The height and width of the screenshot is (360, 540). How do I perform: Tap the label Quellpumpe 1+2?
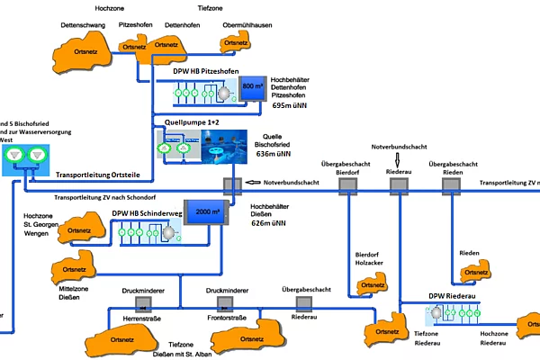193,121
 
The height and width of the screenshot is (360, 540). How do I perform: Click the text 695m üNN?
290,105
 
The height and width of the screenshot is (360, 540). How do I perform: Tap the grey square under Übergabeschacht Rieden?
450,184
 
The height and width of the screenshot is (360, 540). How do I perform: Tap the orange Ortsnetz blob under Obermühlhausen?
235,42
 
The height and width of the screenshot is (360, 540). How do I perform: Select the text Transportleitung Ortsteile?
96,175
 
